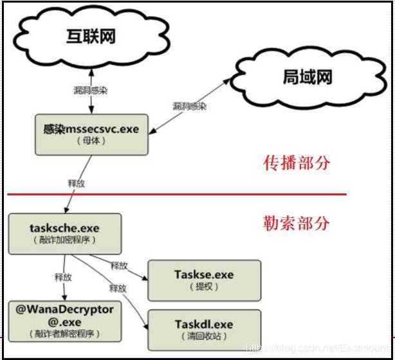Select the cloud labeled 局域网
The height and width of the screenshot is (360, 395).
[x=308, y=78]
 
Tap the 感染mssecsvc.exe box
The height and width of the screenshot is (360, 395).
[x=91, y=135]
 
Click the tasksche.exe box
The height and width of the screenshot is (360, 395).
[x=65, y=234]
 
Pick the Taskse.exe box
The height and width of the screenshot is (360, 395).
[x=205, y=280]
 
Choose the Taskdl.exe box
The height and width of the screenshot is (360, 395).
[x=205, y=330]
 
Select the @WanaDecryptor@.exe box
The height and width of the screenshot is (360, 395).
[x=65, y=321]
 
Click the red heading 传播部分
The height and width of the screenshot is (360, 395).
[x=297, y=163]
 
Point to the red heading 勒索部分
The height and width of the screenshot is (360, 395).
[x=296, y=223]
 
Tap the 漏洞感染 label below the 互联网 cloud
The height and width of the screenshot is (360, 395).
[x=91, y=91]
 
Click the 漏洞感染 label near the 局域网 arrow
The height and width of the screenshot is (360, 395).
[x=189, y=106]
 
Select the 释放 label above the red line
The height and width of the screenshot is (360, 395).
[x=77, y=183]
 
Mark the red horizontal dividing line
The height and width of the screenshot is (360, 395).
[x=177, y=194]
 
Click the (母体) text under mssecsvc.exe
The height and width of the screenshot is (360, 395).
[x=91, y=141]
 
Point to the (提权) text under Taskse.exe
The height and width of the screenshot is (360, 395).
[x=204, y=287]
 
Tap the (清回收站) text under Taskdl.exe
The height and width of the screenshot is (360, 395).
[x=204, y=336]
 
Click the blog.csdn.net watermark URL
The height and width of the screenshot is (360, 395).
[x=318, y=348]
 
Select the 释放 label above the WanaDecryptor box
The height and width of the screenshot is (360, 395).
[x=63, y=277]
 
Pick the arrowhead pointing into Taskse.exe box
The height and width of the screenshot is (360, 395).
[x=145, y=278]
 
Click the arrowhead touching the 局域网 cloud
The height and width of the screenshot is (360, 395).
[x=226, y=82]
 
